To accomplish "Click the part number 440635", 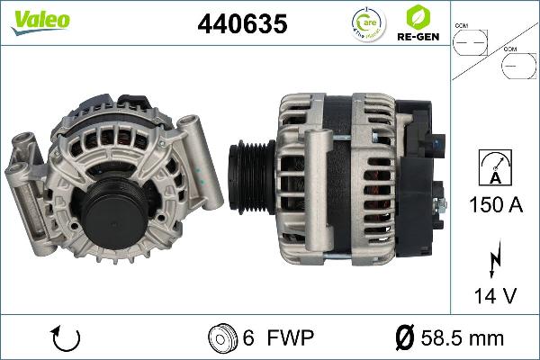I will [242, 25].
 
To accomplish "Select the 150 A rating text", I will [496, 205].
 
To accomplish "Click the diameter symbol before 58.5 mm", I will [404, 338].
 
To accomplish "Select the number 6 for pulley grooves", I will [247, 338].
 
